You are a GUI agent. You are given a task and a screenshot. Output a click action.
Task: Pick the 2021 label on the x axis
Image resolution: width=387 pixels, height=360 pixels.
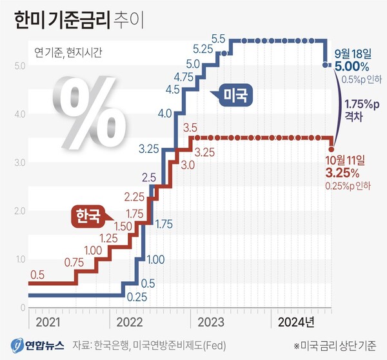tap(50, 320)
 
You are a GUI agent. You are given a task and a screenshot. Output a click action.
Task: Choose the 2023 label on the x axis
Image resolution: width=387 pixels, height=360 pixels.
tap(212, 320)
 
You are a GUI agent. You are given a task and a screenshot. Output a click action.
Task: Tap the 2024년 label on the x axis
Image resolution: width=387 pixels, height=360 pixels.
tap(295, 320)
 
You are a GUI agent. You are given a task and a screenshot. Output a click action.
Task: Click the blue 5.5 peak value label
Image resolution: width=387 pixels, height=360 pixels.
tap(217, 39)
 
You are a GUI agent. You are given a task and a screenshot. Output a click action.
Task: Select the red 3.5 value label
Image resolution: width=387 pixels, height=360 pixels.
tap(190, 128)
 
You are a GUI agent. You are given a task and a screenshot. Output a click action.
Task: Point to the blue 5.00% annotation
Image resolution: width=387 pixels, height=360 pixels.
tap(352, 66)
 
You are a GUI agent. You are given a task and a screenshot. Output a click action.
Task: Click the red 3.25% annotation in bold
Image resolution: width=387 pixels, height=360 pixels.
tap(342, 173)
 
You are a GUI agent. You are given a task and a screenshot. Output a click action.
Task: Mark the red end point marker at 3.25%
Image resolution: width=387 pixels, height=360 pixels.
tap(332, 149)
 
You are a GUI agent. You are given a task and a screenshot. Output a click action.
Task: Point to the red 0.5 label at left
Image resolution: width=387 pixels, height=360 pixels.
tap(37, 275)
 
